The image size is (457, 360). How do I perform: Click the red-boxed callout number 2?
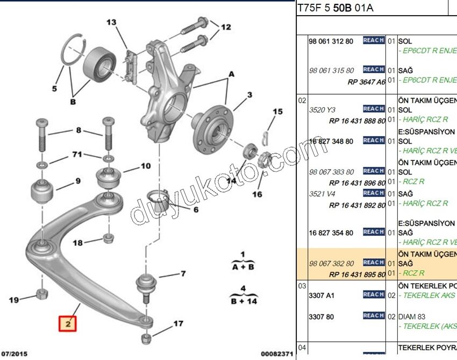(x=68, y=324)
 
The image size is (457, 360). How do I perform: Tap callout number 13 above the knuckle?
(x=111, y=23)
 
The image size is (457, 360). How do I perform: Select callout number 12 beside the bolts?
(x=225, y=27)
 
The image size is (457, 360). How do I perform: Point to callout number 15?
(x=277, y=112)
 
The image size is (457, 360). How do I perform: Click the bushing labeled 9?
(x=41, y=193)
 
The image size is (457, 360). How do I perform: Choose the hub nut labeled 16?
(x=265, y=160)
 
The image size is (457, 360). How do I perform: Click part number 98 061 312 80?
(x=331, y=41)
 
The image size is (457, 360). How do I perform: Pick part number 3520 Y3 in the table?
(x=320, y=109)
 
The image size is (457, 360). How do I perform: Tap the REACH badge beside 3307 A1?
(x=373, y=294)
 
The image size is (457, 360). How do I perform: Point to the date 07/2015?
(x=15, y=354)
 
